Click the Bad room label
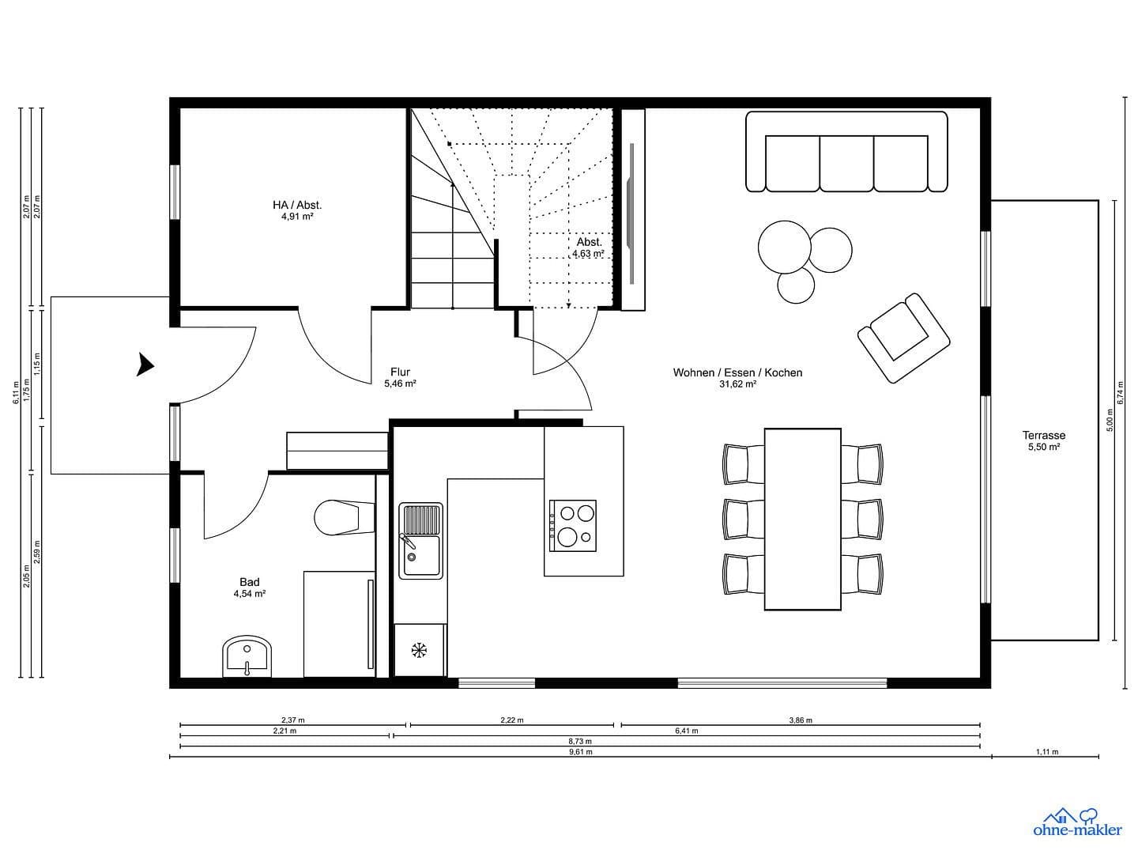pyautogui.click(x=249, y=582)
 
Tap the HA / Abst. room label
pyautogui.click(x=297, y=205)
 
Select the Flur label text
pyautogui.click(x=400, y=372)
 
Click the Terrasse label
pyautogui.click(x=1043, y=435)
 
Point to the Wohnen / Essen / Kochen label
pyautogui.click(x=737, y=372)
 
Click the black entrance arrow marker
pyautogui.click(x=145, y=365)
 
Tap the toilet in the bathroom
pyautogui.click(x=338, y=518)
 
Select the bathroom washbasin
pyautogui.click(x=247, y=656)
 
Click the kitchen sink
pyautogui.click(x=420, y=540)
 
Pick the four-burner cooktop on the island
pyautogui.click(x=572, y=526)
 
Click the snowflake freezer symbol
pyautogui.click(x=419, y=650)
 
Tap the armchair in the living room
pyautogui.click(x=903, y=338)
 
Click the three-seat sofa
pyautogui.click(x=846, y=152)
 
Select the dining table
pyautogui.click(x=802, y=519)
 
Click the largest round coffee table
pyautogui.click(x=784, y=247)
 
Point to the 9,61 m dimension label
pyautogui.click(x=580, y=752)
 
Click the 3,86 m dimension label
pyautogui.click(x=801, y=720)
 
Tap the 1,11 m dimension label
pyautogui.click(x=1046, y=752)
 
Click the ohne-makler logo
pyautogui.click(x=1077, y=822)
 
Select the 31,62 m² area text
pyautogui.click(x=737, y=384)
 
